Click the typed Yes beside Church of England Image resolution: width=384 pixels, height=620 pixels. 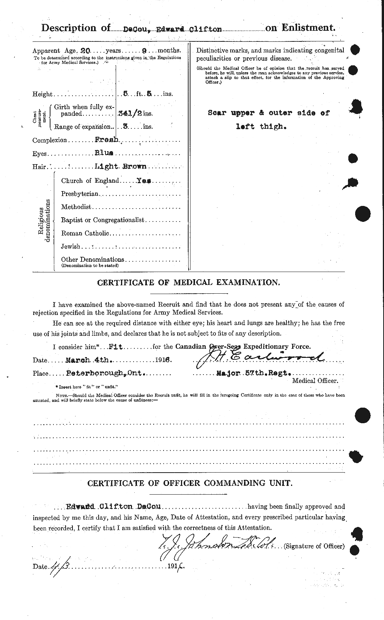pyautogui.click(x=145, y=181)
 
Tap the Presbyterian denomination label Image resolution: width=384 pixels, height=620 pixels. pyautogui.click(x=80, y=194)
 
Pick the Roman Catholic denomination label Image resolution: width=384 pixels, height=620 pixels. pyautogui.click(x=85, y=233)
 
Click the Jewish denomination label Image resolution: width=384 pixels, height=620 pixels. pyautogui.click(x=71, y=246)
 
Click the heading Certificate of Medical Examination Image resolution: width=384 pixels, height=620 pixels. pyautogui.click(x=189, y=283)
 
